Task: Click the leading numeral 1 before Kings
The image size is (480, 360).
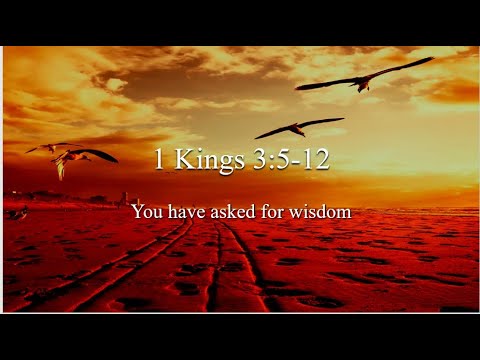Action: click(160, 161)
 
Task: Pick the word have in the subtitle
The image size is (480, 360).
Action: click(187, 212)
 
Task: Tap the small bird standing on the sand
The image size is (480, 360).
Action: click(18, 213)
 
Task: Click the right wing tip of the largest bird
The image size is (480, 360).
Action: click(431, 59)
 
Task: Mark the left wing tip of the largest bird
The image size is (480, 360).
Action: click(298, 88)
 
